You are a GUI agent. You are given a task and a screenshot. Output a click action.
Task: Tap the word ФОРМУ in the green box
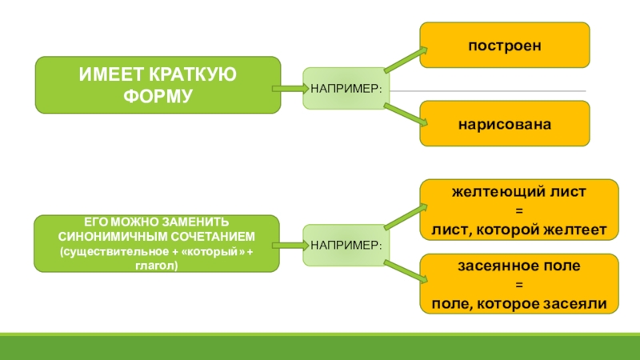158,95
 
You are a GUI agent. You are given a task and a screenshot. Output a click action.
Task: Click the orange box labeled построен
505,45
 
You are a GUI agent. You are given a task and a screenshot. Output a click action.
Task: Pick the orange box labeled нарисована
505,124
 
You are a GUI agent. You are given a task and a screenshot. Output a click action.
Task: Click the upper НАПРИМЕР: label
346,88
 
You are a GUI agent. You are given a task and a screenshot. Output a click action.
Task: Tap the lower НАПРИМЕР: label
346,242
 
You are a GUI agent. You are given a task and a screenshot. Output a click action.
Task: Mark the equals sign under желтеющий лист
518,211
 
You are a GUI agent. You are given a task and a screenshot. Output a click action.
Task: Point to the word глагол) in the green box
157,266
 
